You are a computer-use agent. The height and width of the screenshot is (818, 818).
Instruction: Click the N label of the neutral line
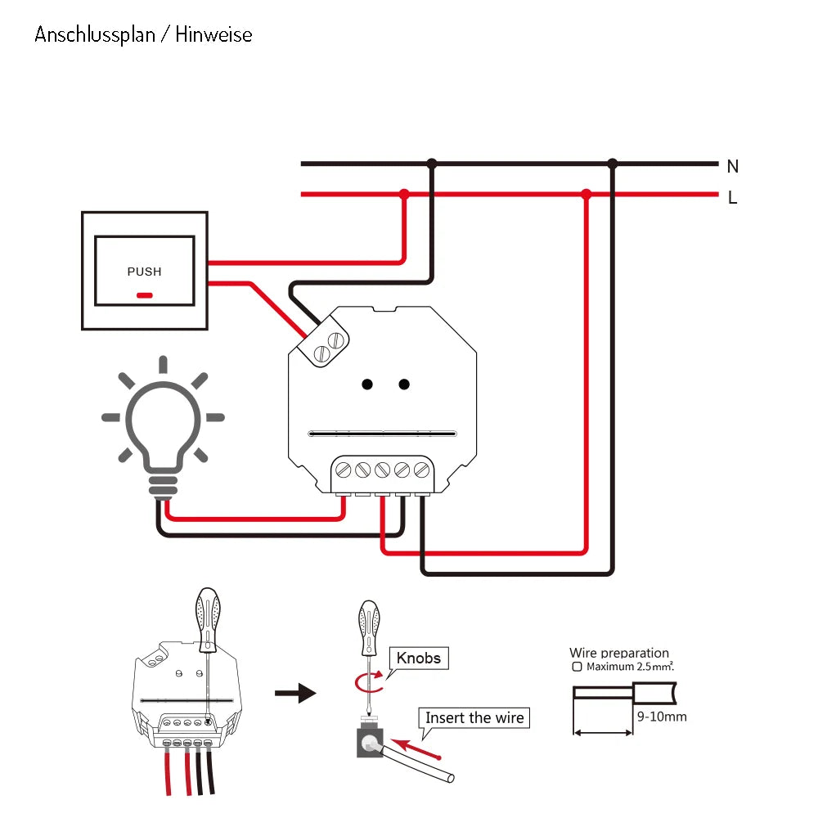pos(732,167)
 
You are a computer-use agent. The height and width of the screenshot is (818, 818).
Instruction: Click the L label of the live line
pos(732,198)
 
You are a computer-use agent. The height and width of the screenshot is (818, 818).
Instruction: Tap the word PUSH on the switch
pos(144,272)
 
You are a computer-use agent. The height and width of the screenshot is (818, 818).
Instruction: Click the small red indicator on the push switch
pos(144,294)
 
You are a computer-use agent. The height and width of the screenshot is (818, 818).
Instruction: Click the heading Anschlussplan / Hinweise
pos(143,35)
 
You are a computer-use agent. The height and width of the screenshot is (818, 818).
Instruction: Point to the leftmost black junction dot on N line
pos(432,164)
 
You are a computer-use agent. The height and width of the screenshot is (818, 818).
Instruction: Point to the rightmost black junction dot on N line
pos(612,164)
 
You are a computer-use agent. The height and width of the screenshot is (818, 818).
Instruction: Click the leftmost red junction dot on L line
pos(403,195)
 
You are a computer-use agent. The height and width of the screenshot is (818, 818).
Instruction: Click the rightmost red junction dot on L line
pos(586,195)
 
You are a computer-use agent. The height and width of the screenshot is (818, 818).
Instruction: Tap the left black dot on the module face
pos(368,384)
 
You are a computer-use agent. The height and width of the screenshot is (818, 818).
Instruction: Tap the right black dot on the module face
pos(404,384)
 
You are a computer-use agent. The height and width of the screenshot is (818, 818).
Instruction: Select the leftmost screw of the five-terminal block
pos(344,470)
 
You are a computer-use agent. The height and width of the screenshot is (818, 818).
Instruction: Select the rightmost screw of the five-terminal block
pos(421,470)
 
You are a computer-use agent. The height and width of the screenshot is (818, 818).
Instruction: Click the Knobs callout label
pos(419,658)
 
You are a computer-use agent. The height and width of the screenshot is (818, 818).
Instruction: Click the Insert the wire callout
pos(474,718)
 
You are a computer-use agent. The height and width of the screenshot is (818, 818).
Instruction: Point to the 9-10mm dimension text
pos(661,717)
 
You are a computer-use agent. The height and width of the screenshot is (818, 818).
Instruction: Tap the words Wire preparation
pos(619,653)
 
